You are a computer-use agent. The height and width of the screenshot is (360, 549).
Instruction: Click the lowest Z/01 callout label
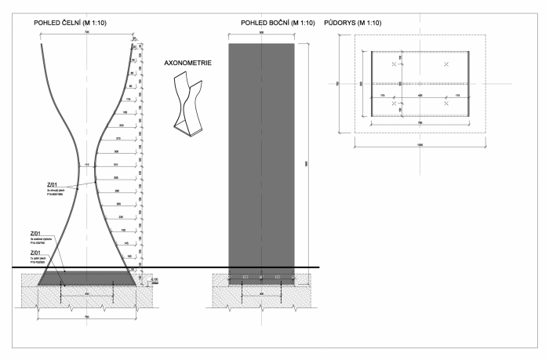click(x=35, y=253)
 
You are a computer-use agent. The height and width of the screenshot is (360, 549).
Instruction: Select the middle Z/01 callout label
click(x=35, y=235)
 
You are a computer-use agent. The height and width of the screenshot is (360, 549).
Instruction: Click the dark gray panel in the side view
click(x=261, y=157)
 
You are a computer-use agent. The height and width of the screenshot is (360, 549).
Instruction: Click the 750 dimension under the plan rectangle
click(x=420, y=123)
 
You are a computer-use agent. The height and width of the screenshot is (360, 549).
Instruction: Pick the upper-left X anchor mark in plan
click(x=394, y=64)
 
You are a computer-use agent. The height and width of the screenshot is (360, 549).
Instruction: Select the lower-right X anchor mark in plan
click(x=446, y=103)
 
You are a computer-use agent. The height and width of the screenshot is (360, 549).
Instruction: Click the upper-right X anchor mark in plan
click(x=446, y=64)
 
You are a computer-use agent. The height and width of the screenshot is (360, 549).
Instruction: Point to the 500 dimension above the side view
click(x=261, y=34)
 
